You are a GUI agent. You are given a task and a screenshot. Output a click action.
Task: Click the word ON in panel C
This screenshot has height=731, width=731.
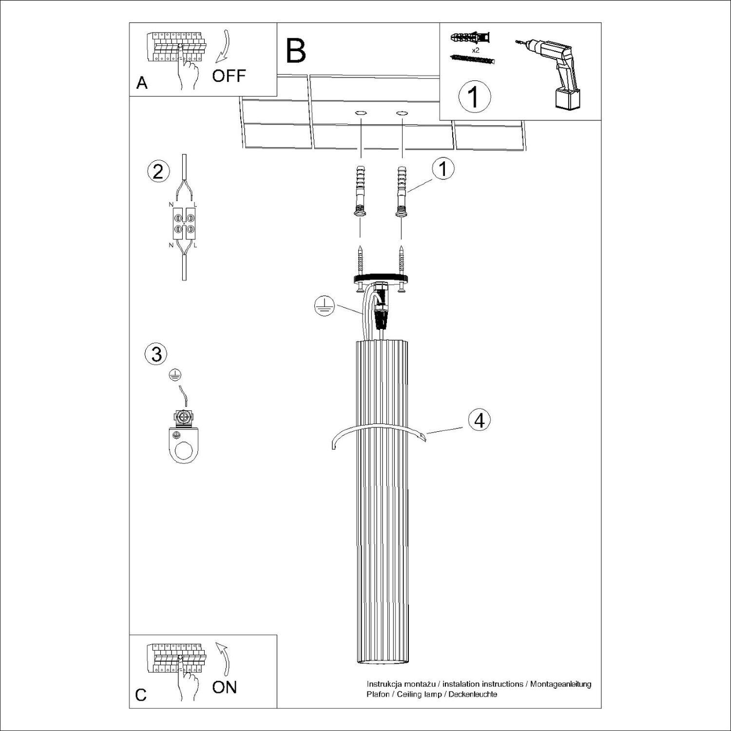(224, 687)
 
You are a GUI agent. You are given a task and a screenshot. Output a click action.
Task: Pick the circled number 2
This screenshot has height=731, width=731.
(158, 173)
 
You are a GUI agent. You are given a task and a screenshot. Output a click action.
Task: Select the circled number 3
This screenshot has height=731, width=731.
(156, 354)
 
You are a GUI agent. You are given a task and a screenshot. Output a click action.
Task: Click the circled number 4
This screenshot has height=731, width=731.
(480, 420)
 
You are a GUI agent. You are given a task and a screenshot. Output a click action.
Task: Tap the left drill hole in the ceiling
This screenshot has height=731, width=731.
(361, 114)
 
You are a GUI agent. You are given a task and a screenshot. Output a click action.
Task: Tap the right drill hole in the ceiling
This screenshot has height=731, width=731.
(402, 114)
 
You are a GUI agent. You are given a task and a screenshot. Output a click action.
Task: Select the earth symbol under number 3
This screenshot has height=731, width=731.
(175, 374)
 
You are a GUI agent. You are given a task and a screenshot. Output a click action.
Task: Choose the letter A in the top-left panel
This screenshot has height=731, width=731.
(142, 83)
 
